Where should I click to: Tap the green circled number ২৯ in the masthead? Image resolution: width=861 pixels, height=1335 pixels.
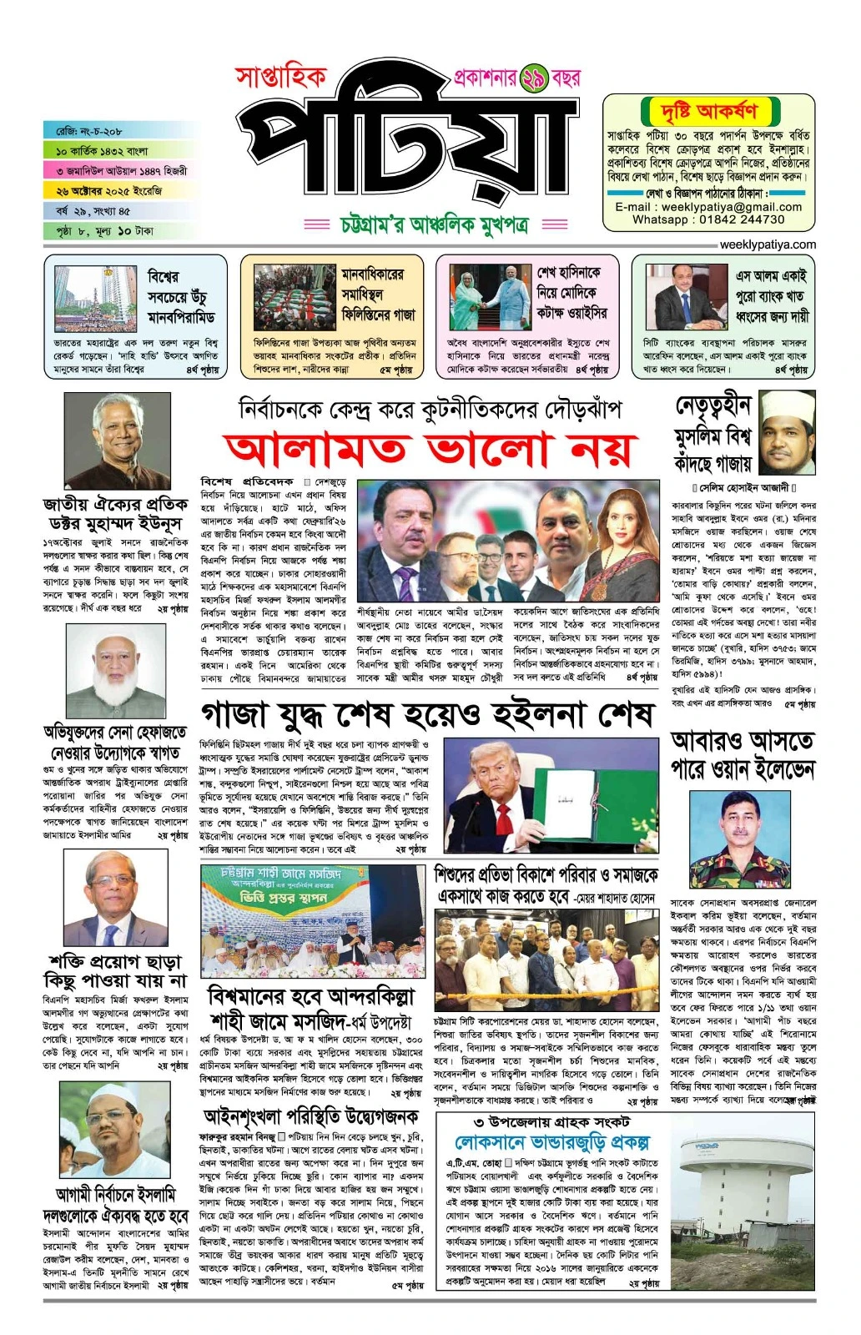click(x=533, y=79)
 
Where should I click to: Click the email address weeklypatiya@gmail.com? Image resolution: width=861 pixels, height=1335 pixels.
click(x=708, y=207)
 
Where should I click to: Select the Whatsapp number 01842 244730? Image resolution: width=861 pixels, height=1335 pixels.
click(x=742, y=219)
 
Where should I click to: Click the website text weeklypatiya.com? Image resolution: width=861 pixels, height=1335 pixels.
click(x=768, y=244)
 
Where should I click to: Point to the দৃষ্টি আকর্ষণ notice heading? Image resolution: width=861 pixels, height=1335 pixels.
click(x=710, y=112)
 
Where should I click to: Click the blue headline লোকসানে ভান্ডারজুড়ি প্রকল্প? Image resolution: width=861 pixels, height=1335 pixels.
click(x=551, y=1142)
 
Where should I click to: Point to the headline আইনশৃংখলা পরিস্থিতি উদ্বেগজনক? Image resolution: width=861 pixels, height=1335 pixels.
click(x=312, y=1116)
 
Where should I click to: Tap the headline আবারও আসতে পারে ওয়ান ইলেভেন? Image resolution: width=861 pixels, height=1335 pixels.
click(x=743, y=754)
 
